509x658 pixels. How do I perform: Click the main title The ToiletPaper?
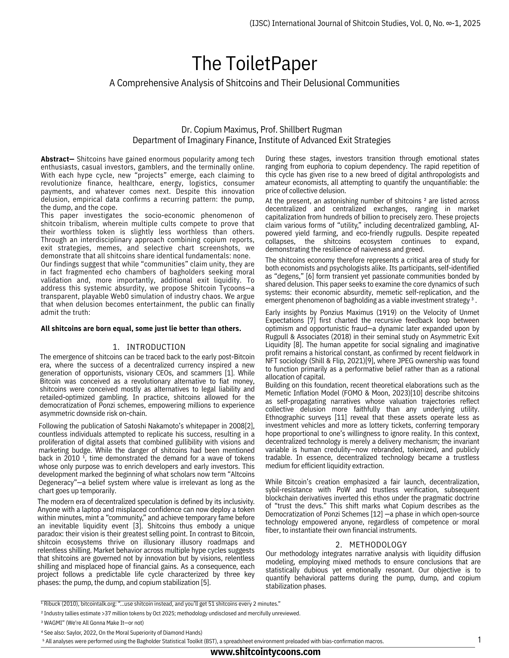tap(254, 64)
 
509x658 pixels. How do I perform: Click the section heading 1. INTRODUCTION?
tap(149, 347)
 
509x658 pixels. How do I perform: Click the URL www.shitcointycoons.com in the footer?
tap(265, 652)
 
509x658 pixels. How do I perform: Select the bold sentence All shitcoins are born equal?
tap(141, 329)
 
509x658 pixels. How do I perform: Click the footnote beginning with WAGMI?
tap(92, 623)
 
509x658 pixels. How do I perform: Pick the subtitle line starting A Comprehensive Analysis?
tap(254, 83)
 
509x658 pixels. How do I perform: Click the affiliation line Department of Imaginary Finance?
tap(261, 140)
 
